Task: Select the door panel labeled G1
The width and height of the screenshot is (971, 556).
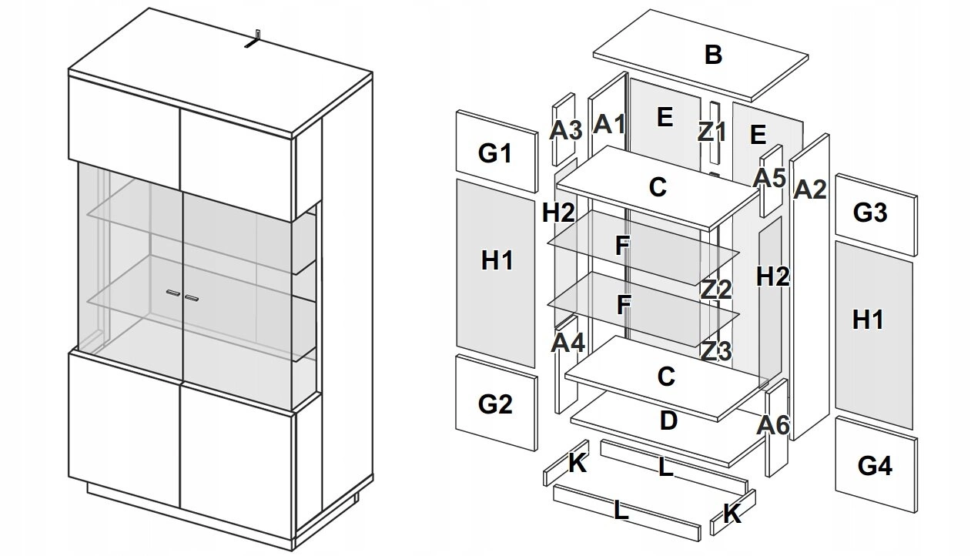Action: (495, 153)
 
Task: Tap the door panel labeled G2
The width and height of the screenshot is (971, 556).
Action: (495, 404)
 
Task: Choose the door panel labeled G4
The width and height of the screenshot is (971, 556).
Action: (874, 466)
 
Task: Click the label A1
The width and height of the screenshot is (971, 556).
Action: (610, 124)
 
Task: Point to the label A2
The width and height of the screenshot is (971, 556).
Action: (809, 189)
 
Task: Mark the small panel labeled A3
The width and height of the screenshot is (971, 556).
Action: (564, 130)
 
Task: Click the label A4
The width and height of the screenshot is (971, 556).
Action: (568, 341)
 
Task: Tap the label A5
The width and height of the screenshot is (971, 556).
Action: (769, 179)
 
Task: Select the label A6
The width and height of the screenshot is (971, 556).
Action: (774, 424)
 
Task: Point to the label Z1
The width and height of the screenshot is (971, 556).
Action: (712, 132)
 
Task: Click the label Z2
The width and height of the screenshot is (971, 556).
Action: (715, 290)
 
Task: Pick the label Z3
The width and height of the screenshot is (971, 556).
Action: (715, 351)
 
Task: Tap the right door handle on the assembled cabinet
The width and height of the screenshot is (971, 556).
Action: (192, 296)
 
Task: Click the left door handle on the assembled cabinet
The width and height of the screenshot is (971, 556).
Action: (172, 293)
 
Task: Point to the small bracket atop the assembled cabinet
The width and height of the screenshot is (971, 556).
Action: (253, 42)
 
